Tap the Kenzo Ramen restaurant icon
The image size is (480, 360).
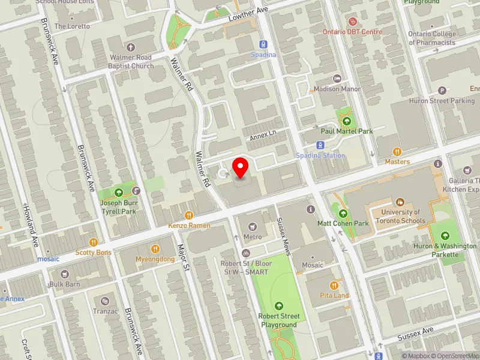pos(189,214)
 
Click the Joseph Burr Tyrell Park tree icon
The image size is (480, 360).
pos(119,192)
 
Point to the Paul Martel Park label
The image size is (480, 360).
pos(346,131)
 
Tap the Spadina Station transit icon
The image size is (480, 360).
pos(320,145)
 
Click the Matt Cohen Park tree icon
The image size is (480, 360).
pos(343,213)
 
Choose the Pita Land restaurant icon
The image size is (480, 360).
pos(334,286)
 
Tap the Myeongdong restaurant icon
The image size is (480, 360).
pos(155,248)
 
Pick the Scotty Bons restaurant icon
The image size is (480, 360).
pos(93,242)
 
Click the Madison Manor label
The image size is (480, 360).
pos(338,89)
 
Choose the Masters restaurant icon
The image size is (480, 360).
pos(397,152)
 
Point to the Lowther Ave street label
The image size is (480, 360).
pos(247,16)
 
